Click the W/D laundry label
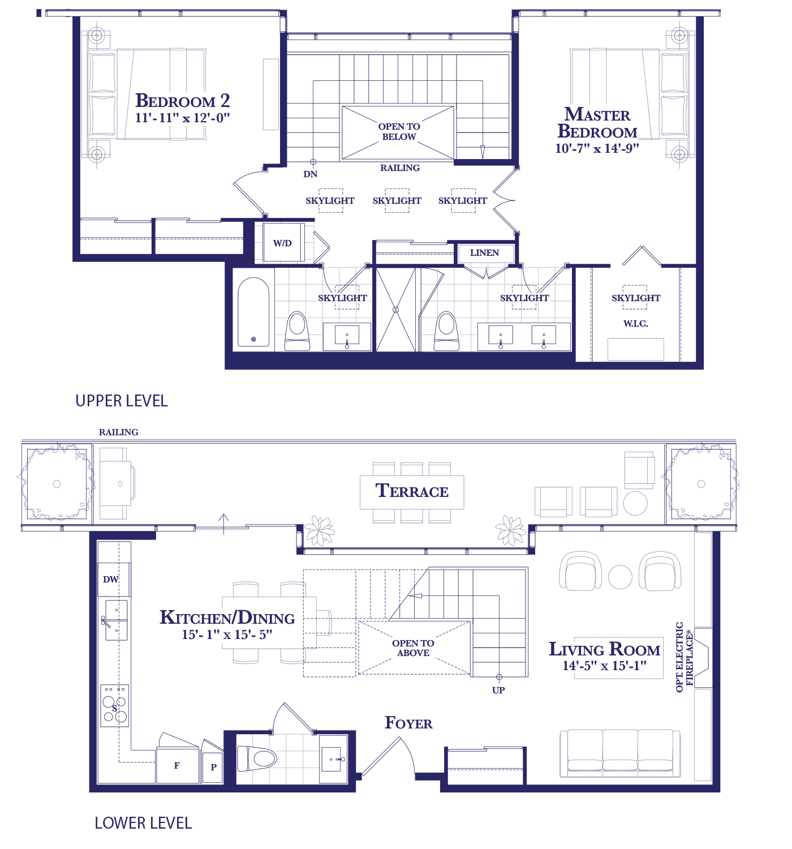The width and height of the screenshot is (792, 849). [x=282, y=243]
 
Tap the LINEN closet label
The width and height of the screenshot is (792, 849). [x=484, y=252]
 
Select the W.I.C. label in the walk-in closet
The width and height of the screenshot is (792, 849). [x=635, y=324]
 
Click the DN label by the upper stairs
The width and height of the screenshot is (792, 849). [x=311, y=174]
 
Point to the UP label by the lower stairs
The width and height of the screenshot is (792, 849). [x=498, y=691]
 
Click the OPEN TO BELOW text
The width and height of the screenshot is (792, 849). [x=399, y=132]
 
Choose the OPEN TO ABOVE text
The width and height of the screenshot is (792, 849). [x=413, y=648]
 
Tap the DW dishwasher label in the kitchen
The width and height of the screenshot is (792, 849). [x=111, y=580]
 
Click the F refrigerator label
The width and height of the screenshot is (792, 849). [x=177, y=766]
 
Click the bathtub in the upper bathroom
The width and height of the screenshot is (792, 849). [x=253, y=312]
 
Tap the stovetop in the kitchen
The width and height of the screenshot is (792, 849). [x=114, y=706]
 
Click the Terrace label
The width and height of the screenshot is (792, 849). [x=412, y=491]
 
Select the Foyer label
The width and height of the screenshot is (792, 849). [x=408, y=723]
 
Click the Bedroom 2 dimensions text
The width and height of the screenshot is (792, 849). [x=183, y=118]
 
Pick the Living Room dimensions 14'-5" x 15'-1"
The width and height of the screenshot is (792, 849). [x=604, y=666]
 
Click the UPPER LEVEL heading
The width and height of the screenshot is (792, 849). [x=122, y=401]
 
